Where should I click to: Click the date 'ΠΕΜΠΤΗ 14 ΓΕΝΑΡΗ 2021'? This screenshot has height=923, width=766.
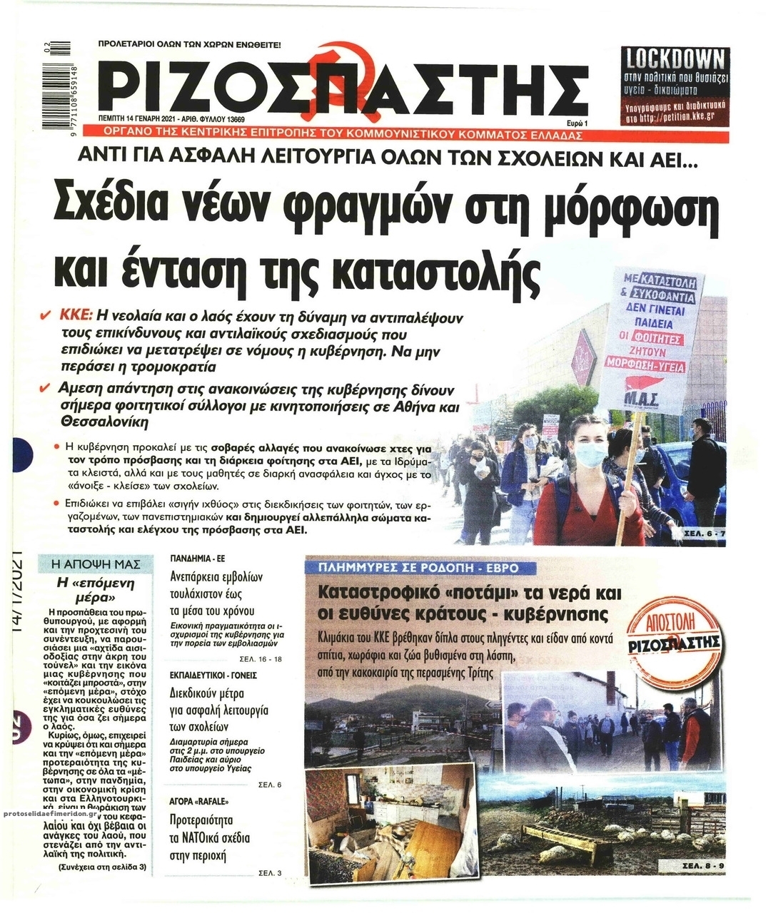click(144, 120)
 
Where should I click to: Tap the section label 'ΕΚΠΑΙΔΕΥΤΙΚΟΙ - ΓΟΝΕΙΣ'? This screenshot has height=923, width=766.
click(213, 674)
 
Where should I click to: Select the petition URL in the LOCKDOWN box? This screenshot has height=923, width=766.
click(675, 118)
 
